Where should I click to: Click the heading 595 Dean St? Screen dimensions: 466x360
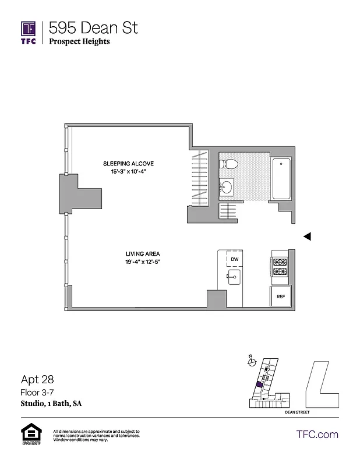[x=93, y=27]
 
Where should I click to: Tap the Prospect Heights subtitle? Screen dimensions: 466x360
[x=79, y=41]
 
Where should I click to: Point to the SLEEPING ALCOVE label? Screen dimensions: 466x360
[x=129, y=163]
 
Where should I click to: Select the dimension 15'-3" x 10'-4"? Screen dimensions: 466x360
[x=129, y=171]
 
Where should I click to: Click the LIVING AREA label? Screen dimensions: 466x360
[x=143, y=253]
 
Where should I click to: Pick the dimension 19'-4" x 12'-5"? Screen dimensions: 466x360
[x=143, y=262]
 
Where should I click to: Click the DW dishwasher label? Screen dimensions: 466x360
[x=234, y=259]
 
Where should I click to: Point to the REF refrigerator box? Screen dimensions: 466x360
[x=281, y=296]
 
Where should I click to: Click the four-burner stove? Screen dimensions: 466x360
[x=280, y=266]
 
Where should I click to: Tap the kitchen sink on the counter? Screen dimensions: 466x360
[x=234, y=278]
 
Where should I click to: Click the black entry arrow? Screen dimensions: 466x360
[x=308, y=236]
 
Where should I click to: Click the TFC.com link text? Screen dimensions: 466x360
[x=317, y=434]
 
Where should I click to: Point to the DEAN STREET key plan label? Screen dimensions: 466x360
[x=297, y=412]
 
